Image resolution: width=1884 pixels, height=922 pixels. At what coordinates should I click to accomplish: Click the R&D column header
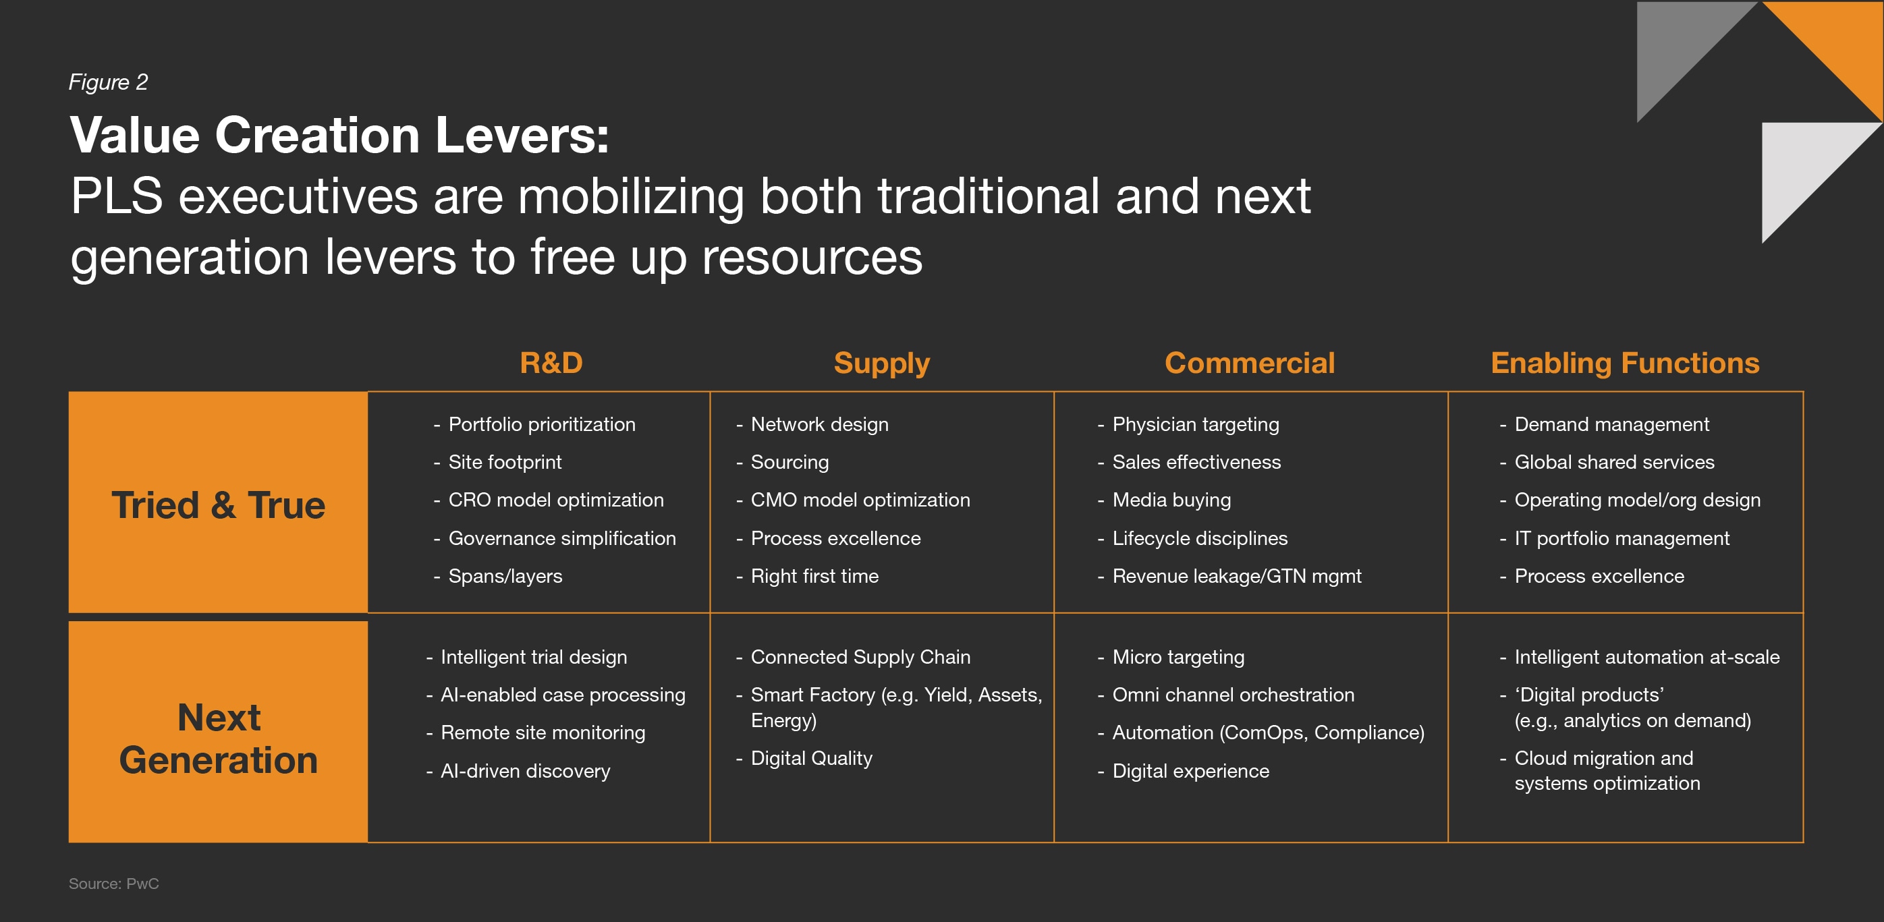point(551,363)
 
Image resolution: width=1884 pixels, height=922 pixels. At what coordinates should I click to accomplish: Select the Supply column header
point(881,364)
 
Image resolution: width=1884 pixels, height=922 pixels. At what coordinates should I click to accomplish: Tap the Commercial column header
point(1249,363)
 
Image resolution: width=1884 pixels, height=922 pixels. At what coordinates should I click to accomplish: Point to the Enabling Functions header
point(1625,364)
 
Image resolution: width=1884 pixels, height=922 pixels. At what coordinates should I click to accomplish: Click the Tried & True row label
point(218,505)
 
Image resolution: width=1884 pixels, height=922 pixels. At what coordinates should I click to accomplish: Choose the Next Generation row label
point(218,739)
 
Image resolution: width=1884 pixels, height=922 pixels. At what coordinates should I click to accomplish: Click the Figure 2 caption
point(108,82)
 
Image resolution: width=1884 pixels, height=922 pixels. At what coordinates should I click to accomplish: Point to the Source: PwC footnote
point(113,884)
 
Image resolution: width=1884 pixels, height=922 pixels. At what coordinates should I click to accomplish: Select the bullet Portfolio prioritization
point(541,424)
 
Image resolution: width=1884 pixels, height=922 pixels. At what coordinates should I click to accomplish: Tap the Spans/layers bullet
point(505,576)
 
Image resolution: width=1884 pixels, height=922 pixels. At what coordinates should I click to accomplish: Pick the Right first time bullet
point(814,576)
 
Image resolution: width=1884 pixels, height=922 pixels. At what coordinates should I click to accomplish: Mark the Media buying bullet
point(1171,500)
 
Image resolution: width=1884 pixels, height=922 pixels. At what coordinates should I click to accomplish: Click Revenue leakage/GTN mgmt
point(1236,576)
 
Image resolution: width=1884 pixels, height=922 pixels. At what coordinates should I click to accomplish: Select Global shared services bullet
point(1613,462)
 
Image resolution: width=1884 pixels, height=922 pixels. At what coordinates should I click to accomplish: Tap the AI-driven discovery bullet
point(524,771)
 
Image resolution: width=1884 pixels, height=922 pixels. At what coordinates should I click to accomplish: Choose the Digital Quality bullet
point(811,758)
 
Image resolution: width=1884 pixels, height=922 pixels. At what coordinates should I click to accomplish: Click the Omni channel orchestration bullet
point(1232,695)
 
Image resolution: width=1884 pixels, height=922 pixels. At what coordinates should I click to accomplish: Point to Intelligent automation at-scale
point(1646,656)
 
